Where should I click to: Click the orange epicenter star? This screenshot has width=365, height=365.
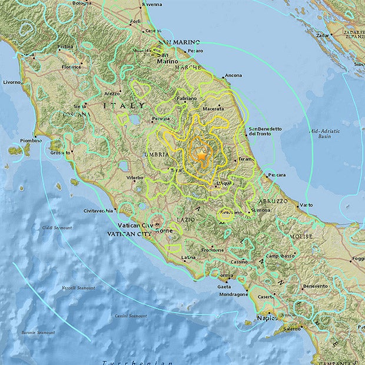201,157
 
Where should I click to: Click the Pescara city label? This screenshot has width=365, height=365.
276,175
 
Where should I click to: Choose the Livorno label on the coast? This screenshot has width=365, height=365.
12,82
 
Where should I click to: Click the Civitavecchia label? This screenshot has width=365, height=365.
102,210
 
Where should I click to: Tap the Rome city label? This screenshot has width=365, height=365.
165,230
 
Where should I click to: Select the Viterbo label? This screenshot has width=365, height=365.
134,177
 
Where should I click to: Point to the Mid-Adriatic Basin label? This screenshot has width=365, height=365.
320,132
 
